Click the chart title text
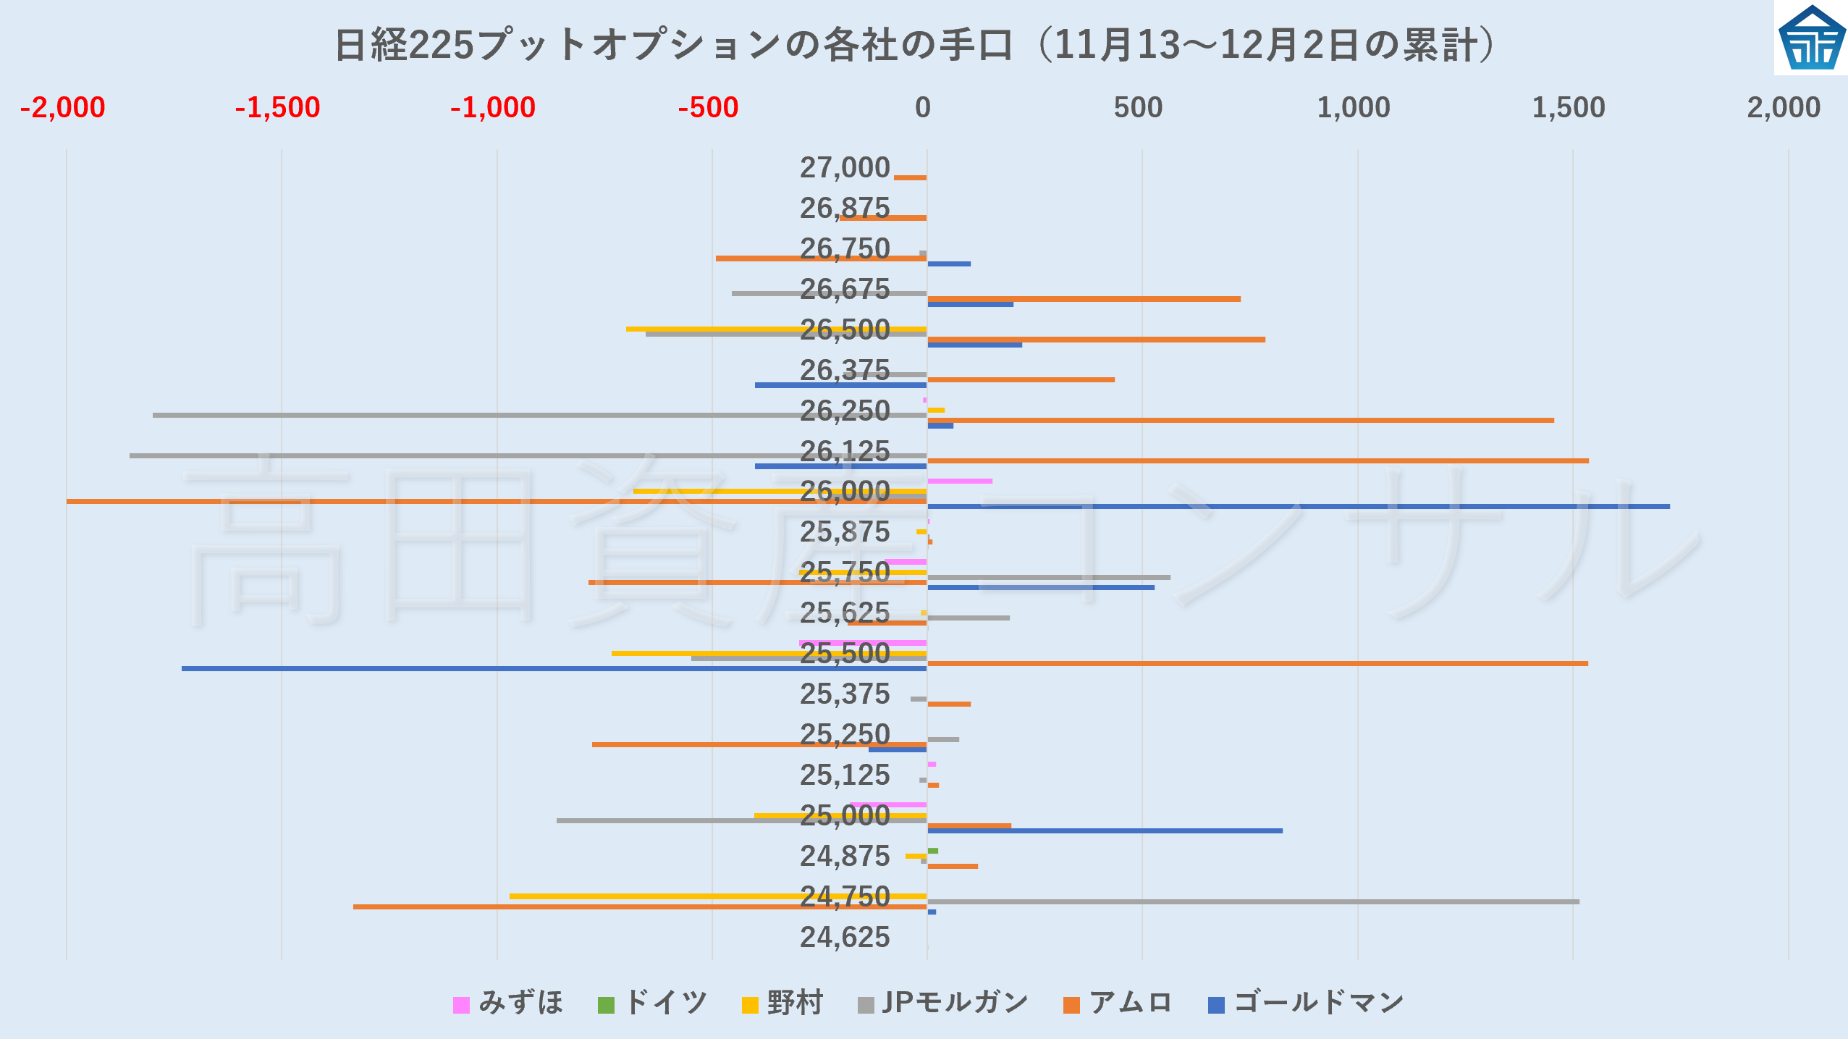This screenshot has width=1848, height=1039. [915, 45]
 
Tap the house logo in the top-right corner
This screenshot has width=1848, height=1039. [1811, 38]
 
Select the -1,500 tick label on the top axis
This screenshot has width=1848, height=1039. [277, 108]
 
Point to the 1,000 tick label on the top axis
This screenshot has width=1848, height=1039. [1353, 108]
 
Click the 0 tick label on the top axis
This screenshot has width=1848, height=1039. [922, 108]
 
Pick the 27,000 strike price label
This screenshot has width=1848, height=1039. [844, 168]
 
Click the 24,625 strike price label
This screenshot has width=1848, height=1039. [844, 938]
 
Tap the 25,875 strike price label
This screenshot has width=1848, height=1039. [844, 532]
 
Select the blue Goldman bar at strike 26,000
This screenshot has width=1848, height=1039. [1298, 506]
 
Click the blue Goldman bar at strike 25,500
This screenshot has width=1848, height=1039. [554, 668]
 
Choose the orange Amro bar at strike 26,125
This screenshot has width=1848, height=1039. [1257, 460]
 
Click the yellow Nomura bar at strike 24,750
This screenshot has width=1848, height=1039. [717, 896]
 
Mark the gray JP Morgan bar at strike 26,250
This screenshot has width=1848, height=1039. [539, 415]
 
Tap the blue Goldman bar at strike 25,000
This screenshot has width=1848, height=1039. [1105, 830]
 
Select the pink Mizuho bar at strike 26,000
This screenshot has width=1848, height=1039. [959, 481]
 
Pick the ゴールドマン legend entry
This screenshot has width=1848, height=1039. [1306, 1004]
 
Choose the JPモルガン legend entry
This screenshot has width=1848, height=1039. [942, 1004]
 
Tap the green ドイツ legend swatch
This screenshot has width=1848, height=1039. [606, 1005]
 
